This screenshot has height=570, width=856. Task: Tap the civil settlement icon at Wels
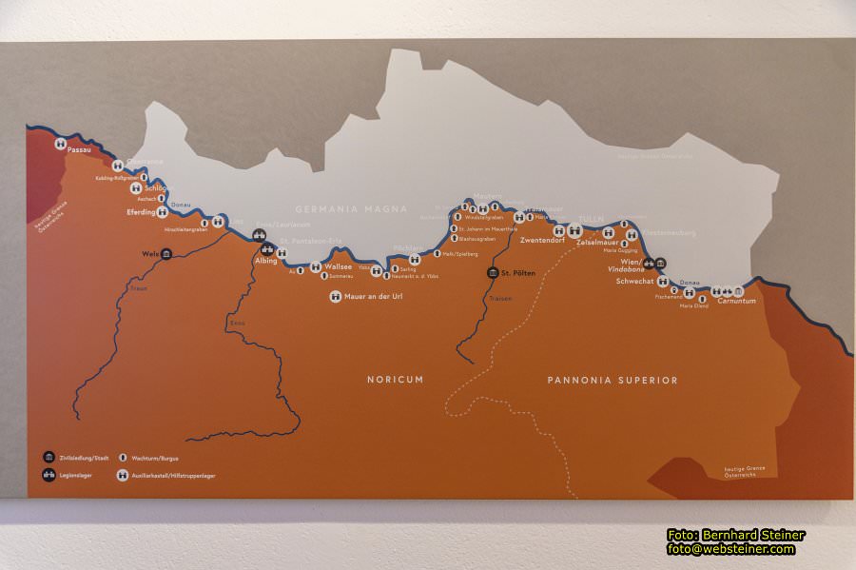[166, 254]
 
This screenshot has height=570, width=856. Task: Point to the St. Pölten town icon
[493, 273]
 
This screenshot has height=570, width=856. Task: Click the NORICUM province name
[396, 380]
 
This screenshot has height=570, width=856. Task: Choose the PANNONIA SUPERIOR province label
[613, 381]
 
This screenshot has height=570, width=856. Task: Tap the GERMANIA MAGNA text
[351, 209]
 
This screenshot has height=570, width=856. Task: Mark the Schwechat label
[634, 282]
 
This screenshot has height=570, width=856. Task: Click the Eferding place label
[141, 213]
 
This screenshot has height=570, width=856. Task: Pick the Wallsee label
[338, 267]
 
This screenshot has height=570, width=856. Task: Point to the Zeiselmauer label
[596, 243]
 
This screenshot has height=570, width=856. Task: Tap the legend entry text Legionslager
[76, 475]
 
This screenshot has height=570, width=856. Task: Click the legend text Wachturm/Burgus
[155, 458]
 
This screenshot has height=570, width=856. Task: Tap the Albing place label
[266, 261]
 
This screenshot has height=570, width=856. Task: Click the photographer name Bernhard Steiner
[750, 535]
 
